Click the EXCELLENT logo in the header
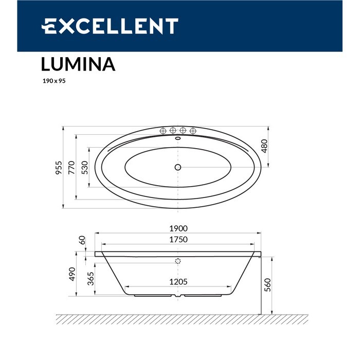point(110,26)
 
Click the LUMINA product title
point(78,64)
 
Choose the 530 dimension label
point(85,168)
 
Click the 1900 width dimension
point(178,229)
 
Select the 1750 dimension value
point(178,239)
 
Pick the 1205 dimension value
point(178,281)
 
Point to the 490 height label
point(72,274)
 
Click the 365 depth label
point(90,279)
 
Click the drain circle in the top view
point(178,167)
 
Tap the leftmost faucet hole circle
point(164,130)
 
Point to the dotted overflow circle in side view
point(178,261)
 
